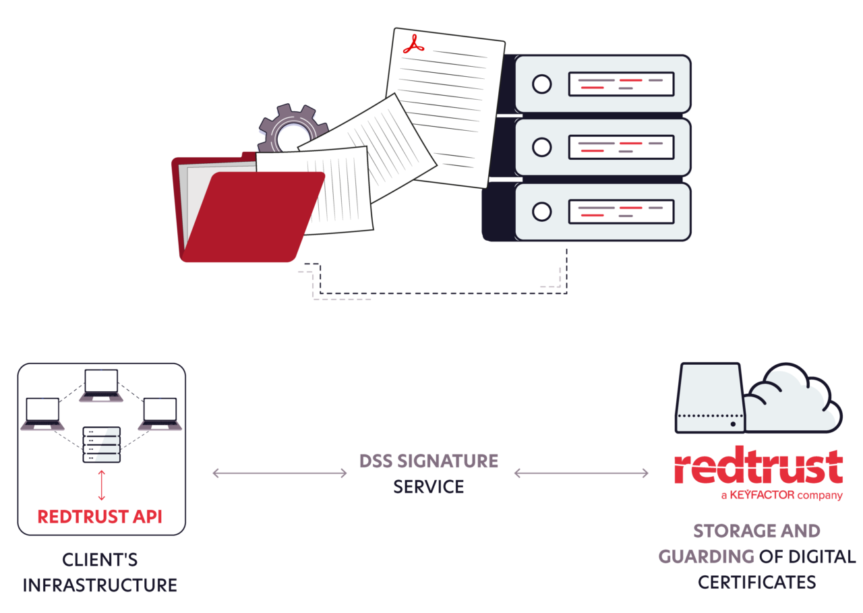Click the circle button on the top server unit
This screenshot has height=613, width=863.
(x=541, y=84)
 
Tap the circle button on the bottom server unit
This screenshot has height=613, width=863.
(x=541, y=212)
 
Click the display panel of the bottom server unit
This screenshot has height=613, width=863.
(x=621, y=212)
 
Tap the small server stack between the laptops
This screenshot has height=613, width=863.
(x=101, y=444)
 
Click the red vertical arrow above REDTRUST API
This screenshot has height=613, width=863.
(x=102, y=486)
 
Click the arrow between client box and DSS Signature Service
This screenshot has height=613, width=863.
(x=279, y=473)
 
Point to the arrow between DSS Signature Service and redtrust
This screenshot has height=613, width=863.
(x=581, y=473)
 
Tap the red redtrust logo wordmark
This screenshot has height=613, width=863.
(x=758, y=467)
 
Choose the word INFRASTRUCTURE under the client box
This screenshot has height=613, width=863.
(x=100, y=585)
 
